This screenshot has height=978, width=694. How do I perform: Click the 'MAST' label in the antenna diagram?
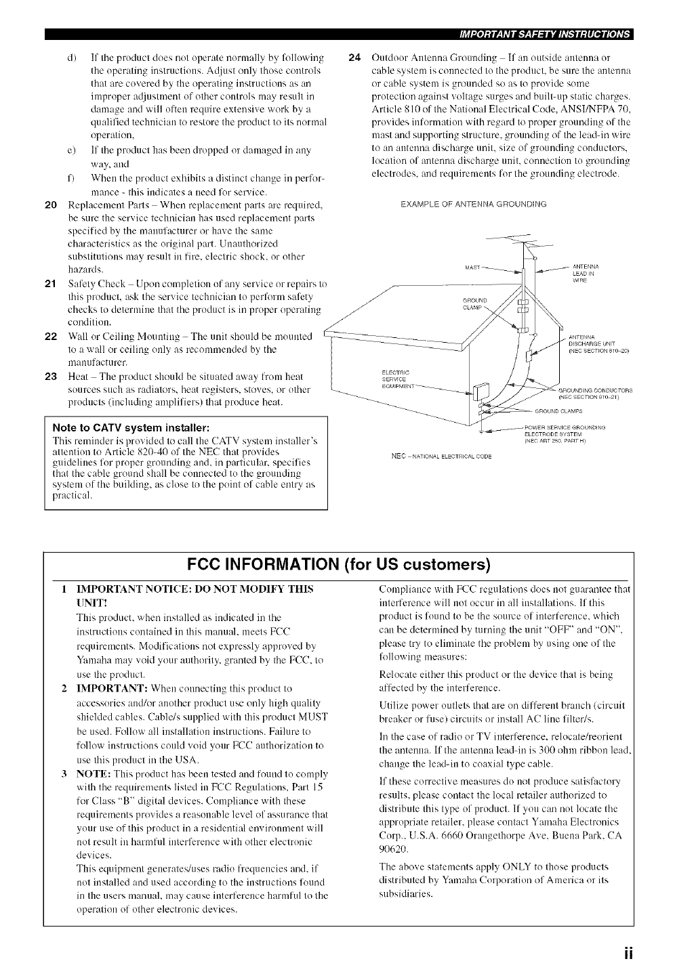click(x=472, y=267)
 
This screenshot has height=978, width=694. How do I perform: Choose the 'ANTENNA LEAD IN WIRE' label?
click(x=584, y=273)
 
